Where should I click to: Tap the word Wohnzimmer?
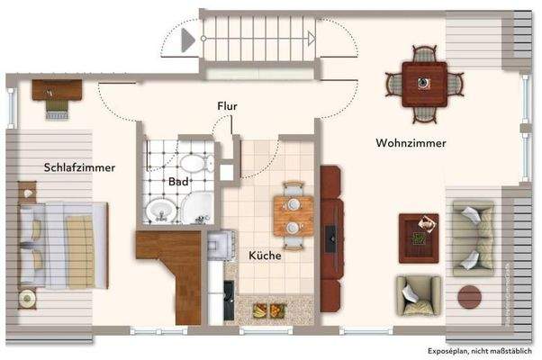tap(411, 143)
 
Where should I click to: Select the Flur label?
tap(227, 106)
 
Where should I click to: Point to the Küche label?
tap(266, 256)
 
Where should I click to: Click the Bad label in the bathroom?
tap(178, 181)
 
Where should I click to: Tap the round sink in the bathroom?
tap(162, 212)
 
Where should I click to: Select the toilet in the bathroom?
tap(194, 165)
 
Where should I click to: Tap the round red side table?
tap(470, 295)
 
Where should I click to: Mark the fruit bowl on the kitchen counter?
tap(268, 311)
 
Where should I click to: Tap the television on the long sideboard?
tap(331, 236)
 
